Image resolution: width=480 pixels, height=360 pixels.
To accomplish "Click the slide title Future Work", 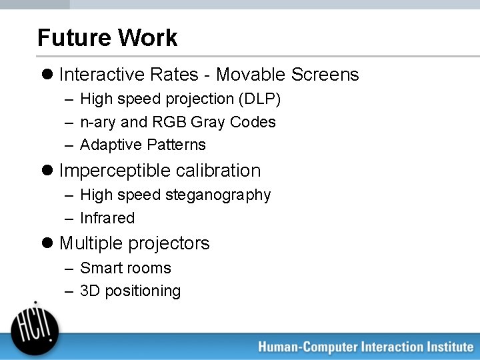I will point(107,38).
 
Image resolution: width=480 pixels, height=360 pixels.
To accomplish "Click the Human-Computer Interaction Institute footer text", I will point(365,347).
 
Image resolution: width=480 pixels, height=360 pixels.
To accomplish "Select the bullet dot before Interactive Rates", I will point(48,75).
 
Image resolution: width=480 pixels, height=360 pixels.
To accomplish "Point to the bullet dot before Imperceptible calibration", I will point(48,171).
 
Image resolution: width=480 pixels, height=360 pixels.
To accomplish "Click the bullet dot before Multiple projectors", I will point(48,243).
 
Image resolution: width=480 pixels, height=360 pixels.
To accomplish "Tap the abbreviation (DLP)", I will point(259,99).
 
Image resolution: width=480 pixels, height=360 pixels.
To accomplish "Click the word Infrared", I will point(107,218).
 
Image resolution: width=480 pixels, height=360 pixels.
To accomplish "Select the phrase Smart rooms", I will point(125,268).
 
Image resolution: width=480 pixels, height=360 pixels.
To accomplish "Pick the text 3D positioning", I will point(130,291).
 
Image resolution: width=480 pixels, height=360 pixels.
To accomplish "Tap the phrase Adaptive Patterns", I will point(143,145).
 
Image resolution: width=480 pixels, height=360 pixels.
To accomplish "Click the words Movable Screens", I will point(287,75).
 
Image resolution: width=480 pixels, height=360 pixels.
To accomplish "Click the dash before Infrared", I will point(69,219).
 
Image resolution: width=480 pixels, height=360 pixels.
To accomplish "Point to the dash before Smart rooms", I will point(69,269).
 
